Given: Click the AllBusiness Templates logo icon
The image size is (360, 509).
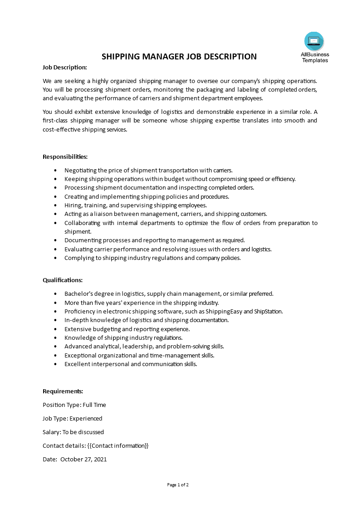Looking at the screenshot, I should click(x=314, y=41).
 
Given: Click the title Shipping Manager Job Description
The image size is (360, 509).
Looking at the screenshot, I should click(x=179, y=57).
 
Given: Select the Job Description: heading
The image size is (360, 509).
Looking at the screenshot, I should click(x=64, y=67).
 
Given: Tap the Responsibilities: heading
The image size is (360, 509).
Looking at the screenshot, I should click(x=65, y=157).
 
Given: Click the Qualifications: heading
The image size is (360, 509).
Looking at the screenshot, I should click(x=63, y=280).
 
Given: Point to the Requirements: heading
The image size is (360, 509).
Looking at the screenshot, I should click(x=63, y=391).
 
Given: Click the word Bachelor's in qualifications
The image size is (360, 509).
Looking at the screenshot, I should click(x=79, y=294).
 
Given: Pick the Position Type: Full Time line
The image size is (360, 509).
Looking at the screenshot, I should click(x=74, y=405).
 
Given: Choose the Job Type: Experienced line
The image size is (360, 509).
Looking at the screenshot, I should click(x=72, y=418).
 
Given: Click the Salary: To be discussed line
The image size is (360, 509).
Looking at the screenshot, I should click(x=73, y=432).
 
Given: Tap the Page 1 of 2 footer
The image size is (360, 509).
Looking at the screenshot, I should click(x=178, y=485).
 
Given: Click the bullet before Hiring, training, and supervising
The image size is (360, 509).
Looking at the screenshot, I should click(x=55, y=206).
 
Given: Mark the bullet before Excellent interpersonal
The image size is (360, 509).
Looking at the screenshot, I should click(x=55, y=364).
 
